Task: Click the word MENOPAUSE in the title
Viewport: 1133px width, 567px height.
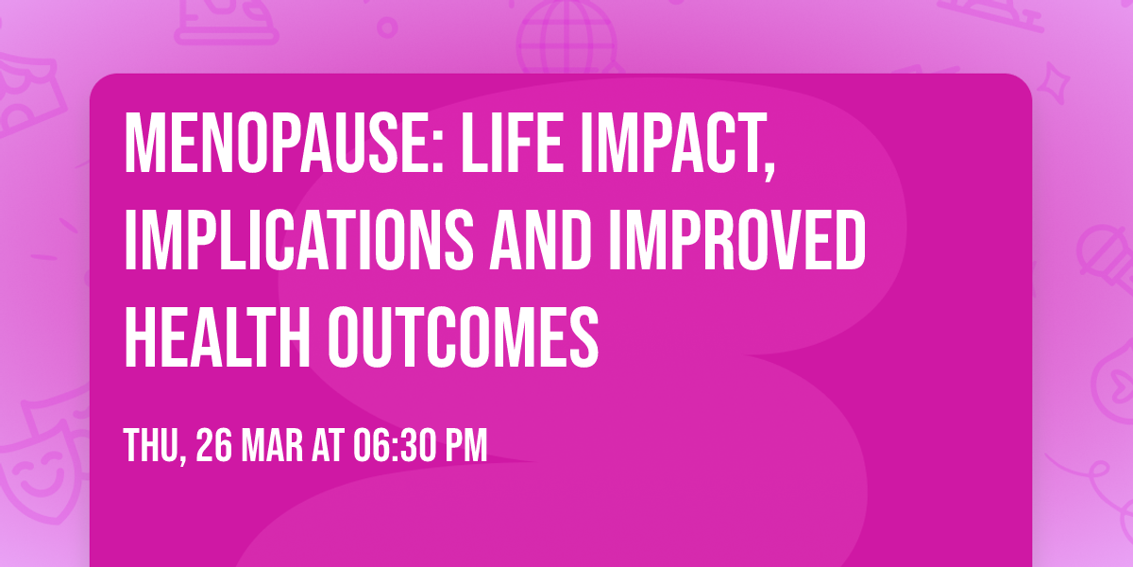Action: click(x=279, y=144)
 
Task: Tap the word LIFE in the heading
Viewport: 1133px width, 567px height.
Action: click(x=512, y=144)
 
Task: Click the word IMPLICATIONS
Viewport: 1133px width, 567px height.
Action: click(x=299, y=241)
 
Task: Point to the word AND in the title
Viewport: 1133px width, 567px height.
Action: click(x=541, y=241)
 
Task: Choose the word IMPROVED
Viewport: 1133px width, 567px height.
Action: click(x=737, y=241)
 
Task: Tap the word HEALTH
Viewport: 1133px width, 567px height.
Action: click(x=217, y=337)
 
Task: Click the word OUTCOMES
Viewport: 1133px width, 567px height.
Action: click(x=464, y=337)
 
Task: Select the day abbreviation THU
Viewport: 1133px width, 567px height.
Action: click(x=152, y=445)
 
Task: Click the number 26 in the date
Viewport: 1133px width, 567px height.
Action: click(x=213, y=445)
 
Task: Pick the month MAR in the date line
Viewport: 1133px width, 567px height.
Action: click(x=272, y=445)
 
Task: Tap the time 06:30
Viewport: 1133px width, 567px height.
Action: click(x=394, y=445)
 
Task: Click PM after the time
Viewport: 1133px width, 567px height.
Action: click(x=466, y=445)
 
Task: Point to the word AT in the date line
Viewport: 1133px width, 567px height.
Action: click(x=328, y=445)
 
